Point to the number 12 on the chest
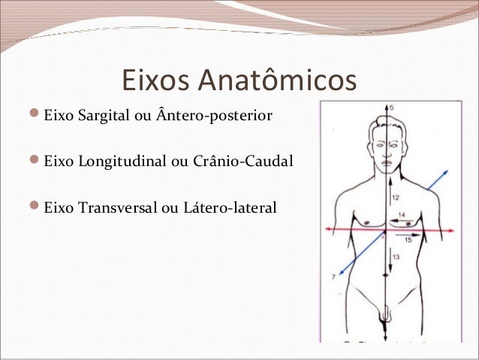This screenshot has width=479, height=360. [396, 196]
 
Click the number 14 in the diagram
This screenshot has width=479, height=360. [401, 216]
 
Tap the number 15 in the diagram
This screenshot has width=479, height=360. [407, 240]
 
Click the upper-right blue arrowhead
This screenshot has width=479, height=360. [447, 173]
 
